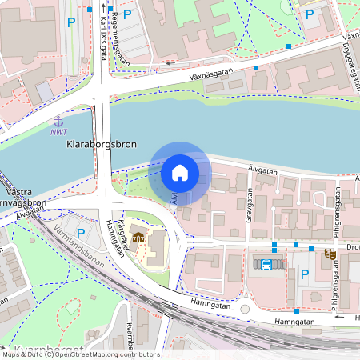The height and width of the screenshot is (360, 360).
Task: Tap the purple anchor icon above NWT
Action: coord(58,121)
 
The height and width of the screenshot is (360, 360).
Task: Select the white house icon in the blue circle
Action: coord(180,172)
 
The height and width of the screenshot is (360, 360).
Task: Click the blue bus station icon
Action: coord(262,264)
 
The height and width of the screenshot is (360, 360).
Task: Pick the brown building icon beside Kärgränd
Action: coord(138,238)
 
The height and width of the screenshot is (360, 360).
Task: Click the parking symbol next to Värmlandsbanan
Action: coord(80,234)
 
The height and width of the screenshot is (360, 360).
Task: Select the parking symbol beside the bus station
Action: coord(304,274)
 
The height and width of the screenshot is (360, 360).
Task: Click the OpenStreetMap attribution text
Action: coord(80,354)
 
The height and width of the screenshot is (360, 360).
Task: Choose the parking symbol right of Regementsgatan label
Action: coord(127,14)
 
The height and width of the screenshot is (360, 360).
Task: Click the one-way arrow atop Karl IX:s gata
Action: coord(103,8)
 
